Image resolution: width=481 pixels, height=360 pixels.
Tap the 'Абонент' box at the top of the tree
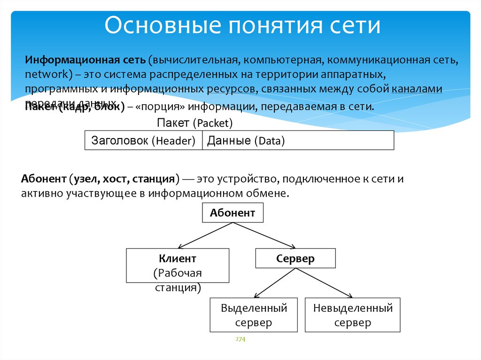(233, 213)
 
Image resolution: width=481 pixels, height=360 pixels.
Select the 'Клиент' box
(177, 265)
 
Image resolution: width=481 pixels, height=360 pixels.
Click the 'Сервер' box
(295, 259)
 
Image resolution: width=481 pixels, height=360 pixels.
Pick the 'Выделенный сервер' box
(254, 315)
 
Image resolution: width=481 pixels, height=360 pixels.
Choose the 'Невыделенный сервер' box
(352, 315)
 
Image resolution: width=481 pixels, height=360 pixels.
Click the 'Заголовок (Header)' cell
(143, 140)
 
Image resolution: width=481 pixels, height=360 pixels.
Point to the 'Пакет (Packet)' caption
(194, 123)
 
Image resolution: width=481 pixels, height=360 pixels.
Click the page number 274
(240, 339)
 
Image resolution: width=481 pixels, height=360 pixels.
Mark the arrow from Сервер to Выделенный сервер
(275, 283)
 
